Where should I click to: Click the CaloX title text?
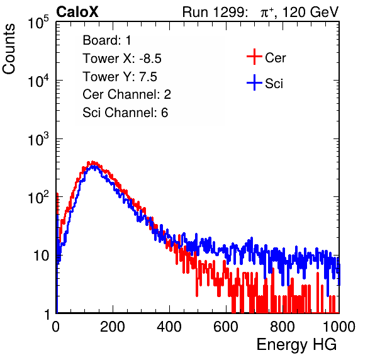click(x=77, y=12)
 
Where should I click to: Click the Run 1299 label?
click(x=215, y=12)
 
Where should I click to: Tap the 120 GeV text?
click(x=311, y=12)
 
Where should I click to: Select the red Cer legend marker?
click(x=254, y=57)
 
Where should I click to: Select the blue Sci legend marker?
click(x=254, y=83)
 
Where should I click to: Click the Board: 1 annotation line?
click(x=107, y=40)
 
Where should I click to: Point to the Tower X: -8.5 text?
click(x=122, y=59)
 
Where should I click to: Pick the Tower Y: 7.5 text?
click(x=120, y=77)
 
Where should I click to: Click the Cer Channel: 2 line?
click(x=126, y=94)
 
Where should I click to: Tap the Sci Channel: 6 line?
click(x=125, y=113)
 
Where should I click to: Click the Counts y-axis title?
click(x=9, y=49)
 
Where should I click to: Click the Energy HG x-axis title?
click(x=296, y=345)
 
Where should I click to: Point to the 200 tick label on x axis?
click(x=113, y=327)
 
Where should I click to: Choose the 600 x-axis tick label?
click(x=226, y=327)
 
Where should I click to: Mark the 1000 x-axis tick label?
click(x=339, y=327)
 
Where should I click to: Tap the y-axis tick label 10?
click(x=42, y=256)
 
